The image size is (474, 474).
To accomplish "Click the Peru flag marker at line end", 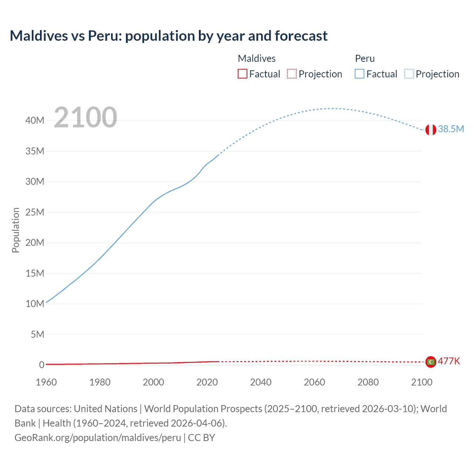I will (x=431, y=130).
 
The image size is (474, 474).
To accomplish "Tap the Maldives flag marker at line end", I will (x=431, y=362).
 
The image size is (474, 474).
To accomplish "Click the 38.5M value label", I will (x=451, y=129).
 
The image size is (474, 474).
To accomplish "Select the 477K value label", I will (x=449, y=361).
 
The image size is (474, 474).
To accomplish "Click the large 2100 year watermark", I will (x=86, y=117).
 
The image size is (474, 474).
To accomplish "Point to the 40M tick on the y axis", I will (x=35, y=120).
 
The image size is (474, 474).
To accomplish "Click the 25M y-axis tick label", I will (x=35, y=212).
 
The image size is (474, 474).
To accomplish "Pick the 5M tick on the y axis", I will (x=37, y=334).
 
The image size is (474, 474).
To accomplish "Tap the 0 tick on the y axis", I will (x=41, y=365).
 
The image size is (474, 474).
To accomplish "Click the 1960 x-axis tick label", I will (x=46, y=382).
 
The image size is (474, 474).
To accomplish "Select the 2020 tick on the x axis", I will (x=207, y=382).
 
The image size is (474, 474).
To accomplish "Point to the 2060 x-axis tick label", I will (x=314, y=382).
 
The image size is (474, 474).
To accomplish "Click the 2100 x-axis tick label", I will (x=421, y=382).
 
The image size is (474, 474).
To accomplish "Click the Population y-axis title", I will (x=16, y=230).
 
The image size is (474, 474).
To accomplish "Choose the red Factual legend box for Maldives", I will (x=243, y=74).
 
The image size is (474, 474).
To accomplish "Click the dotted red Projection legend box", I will (x=292, y=74).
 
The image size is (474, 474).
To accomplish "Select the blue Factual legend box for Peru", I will (x=360, y=74).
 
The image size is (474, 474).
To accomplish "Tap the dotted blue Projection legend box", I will (x=409, y=74).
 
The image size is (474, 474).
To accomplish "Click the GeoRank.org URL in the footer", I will (x=98, y=437).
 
